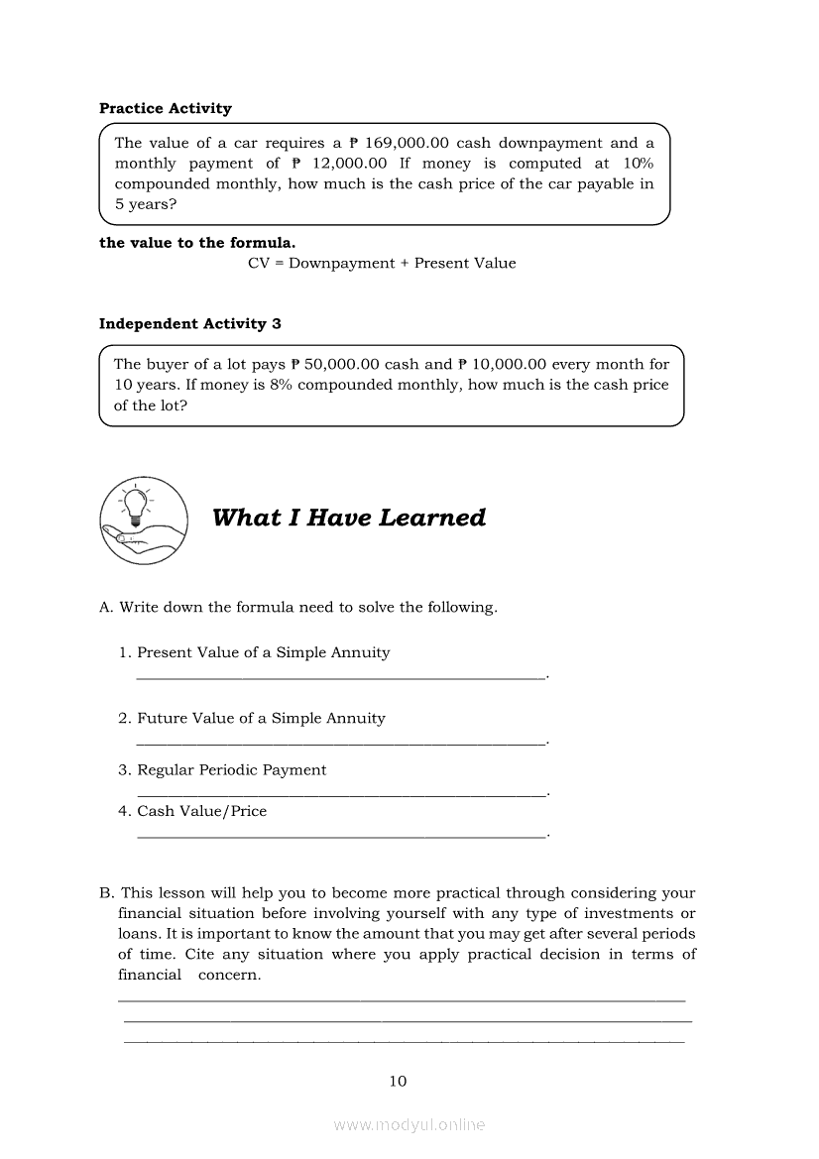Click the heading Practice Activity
tap(165, 108)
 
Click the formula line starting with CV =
tap(382, 263)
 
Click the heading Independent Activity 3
tap(189, 324)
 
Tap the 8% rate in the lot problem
tap(282, 385)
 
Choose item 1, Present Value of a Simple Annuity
tap(263, 652)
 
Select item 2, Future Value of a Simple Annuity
tap(261, 718)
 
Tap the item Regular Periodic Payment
tap(231, 769)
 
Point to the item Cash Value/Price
tap(201, 811)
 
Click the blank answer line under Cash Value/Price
tap(340, 837)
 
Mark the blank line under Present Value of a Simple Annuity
tap(340, 678)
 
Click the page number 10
tap(398, 1081)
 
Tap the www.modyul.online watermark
tap(409, 1125)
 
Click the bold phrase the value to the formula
tap(196, 243)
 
